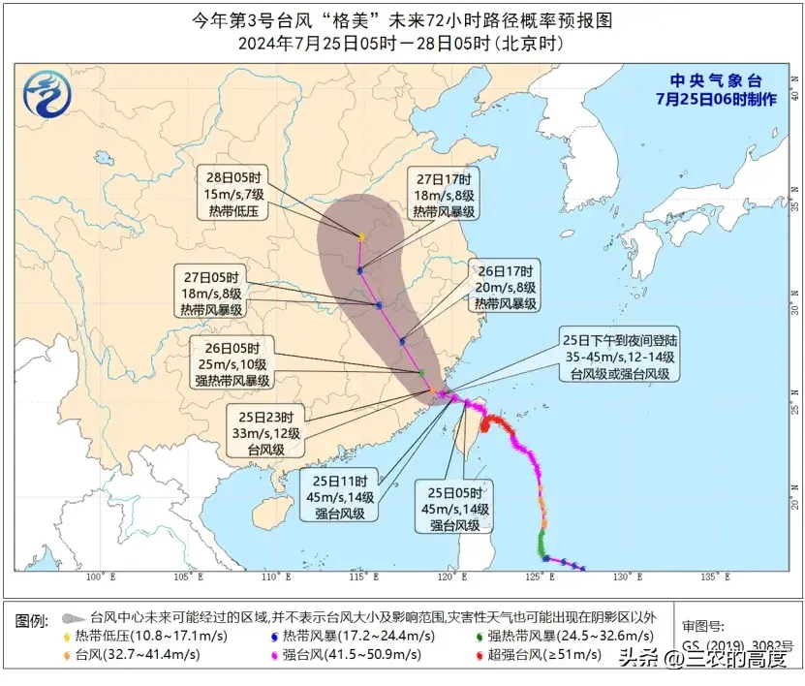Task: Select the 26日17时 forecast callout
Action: [505, 288]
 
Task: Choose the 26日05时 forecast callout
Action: [233, 363]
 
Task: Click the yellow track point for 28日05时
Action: [361, 236]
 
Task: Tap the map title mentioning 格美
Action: [402, 19]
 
